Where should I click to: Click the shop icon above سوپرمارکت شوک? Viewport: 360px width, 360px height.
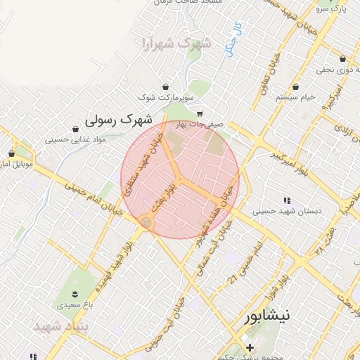tap(165, 85)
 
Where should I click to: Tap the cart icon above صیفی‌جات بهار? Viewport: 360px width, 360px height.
tap(200, 113)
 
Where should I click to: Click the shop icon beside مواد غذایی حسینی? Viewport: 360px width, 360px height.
tap(75, 129)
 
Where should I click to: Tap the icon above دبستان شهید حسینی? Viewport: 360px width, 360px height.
tap(287, 200)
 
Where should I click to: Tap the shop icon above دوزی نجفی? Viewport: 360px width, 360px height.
tap(342, 58)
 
